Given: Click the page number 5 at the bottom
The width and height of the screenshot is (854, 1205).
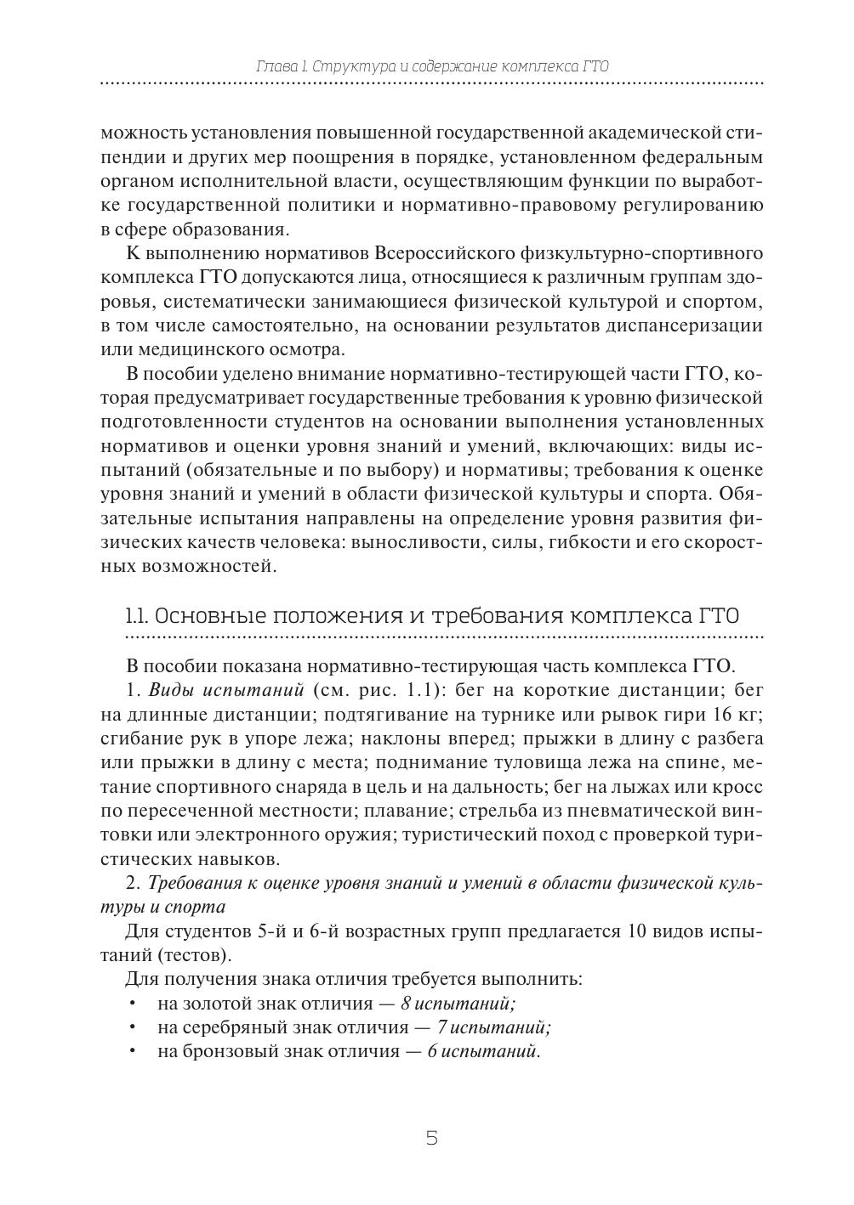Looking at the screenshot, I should pos(431,1138).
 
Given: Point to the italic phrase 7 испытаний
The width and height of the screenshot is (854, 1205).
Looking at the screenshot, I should pos(494,1027).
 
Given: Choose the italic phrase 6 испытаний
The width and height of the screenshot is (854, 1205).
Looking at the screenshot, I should pos(484,1051).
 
